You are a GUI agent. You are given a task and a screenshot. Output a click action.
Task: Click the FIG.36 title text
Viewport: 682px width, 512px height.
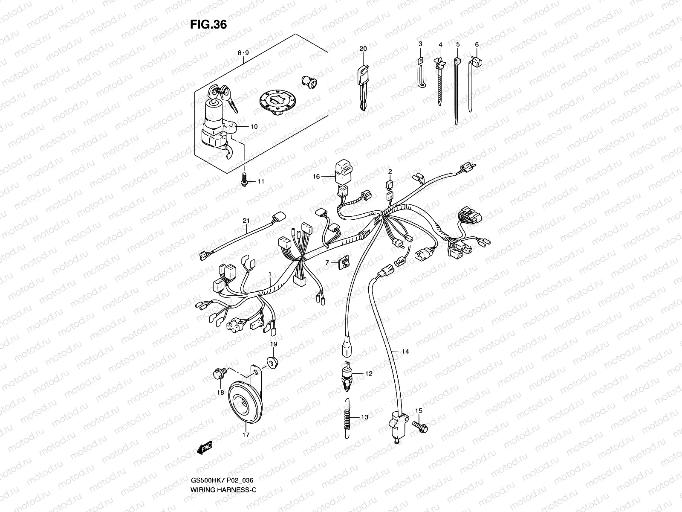[208, 25]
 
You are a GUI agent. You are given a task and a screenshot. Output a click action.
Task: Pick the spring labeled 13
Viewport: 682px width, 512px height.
[346, 417]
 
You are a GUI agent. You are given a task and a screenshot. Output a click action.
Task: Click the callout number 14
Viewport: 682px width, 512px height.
[405, 352]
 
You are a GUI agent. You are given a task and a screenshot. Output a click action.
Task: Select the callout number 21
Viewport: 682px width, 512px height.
[246, 221]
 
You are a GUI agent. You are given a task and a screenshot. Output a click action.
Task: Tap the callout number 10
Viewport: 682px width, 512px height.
[254, 127]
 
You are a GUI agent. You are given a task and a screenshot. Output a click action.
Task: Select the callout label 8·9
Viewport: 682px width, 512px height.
[243, 53]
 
